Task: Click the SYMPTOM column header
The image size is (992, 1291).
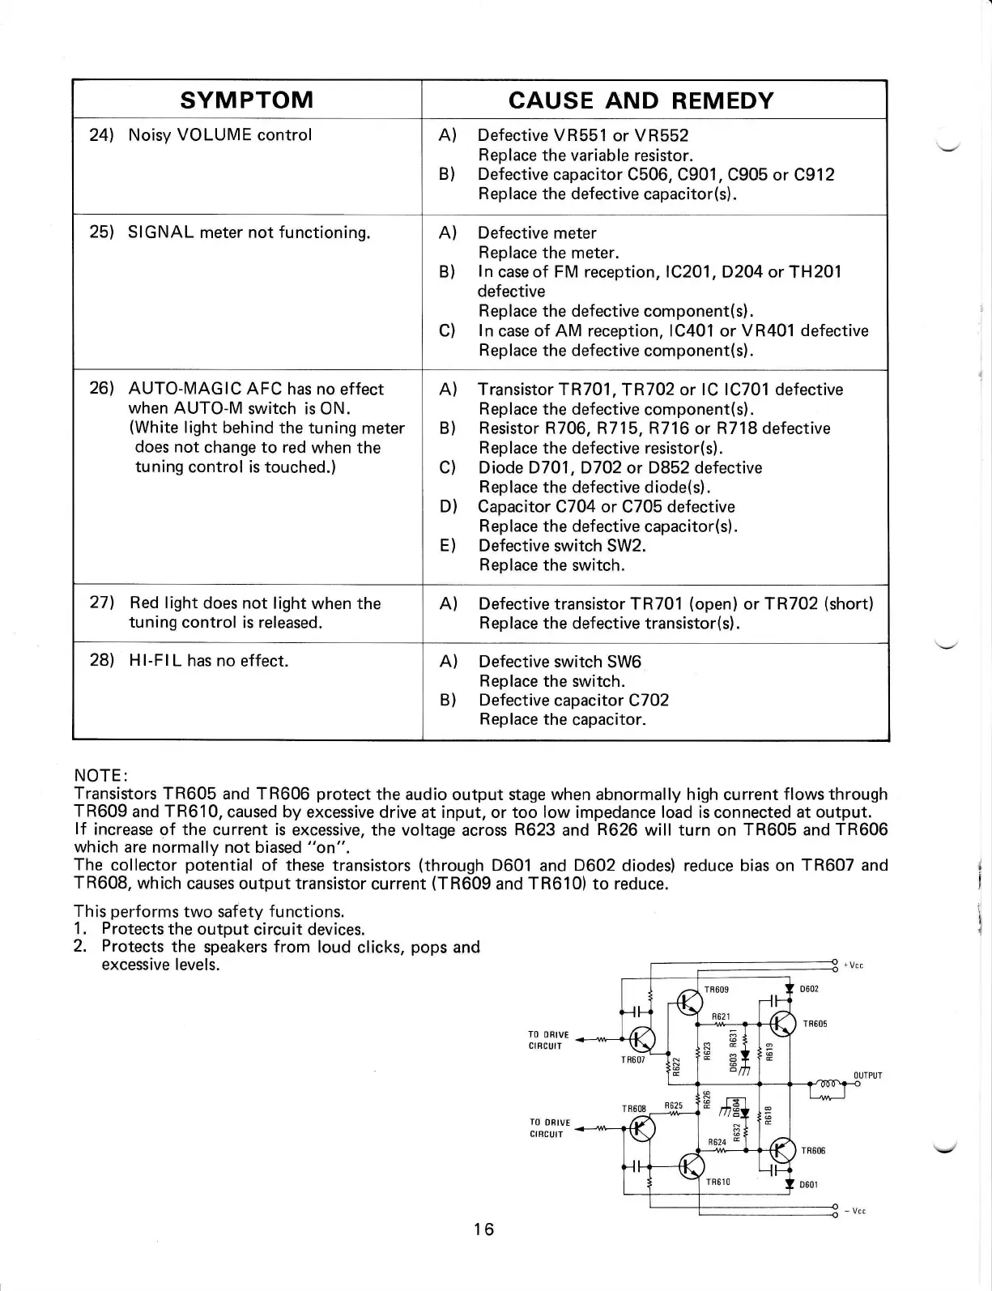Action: click(247, 100)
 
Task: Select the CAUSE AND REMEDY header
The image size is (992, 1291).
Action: click(641, 100)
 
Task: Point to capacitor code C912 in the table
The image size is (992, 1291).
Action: click(814, 174)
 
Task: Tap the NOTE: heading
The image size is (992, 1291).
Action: click(97, 775)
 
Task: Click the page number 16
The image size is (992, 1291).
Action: click(483, 1229)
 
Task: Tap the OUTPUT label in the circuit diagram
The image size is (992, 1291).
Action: click(867, 1076)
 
